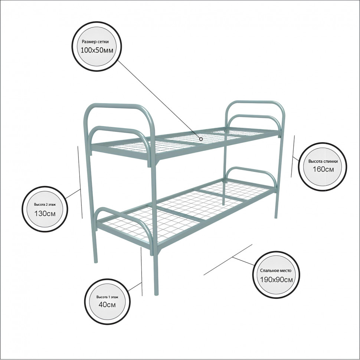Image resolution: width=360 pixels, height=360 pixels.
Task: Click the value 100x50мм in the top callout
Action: (x=97, y=50)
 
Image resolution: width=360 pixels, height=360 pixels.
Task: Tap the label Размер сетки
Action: (x=95, y=42)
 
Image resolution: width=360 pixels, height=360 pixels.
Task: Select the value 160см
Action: (x=323, y=169)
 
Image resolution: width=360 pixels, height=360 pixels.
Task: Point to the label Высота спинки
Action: (x=323, y=161)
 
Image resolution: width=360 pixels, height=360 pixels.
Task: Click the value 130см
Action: (x=45, y=213)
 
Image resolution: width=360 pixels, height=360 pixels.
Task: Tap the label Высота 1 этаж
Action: (x=107, y=297)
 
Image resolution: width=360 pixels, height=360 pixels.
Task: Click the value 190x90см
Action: (x=276, y=279)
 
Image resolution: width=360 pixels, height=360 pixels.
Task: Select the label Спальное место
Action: (x=276, y=271)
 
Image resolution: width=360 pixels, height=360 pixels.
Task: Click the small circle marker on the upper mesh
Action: (x=201, y=139)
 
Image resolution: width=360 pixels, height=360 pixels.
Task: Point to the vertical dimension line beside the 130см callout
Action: (x=80, y=182)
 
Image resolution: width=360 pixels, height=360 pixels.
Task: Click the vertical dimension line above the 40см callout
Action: (x=141, y=272)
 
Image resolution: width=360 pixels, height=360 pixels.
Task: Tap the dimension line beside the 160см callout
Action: (x=293, y=156)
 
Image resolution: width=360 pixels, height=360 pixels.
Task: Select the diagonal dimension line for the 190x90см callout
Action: (x=228, y=260)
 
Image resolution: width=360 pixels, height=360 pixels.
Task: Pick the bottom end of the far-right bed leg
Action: (x=276, y=217)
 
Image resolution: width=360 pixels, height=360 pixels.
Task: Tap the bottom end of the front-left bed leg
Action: (x=96, y=262)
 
